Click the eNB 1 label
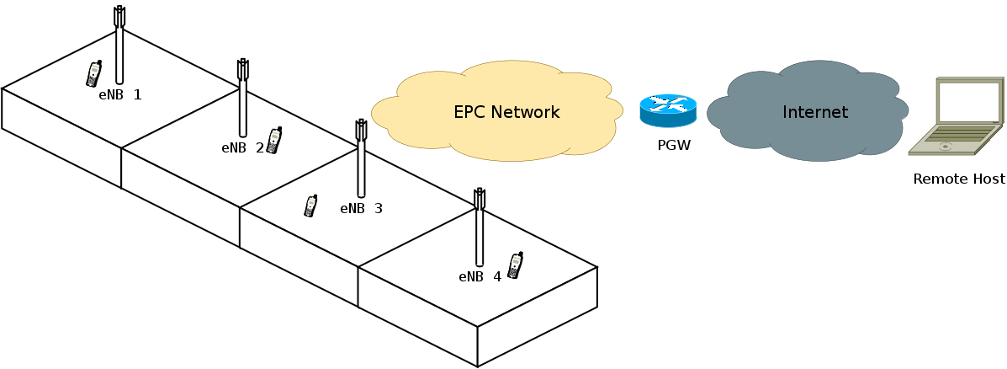coord(119,95)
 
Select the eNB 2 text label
coord(242,147)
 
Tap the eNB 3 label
coord(361,208)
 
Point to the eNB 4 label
coord(480,276)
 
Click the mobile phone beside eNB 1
coord(93,74)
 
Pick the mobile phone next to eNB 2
coord(273,141)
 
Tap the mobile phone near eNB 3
coord(310,206)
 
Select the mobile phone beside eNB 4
coord(515,265)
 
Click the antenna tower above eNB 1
coord(119,51)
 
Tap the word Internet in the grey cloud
coord(814,112)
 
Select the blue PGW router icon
coord(668,110)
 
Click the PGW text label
coord(674,146)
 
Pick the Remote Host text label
coord(959,179)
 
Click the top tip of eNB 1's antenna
coord(119,9)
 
